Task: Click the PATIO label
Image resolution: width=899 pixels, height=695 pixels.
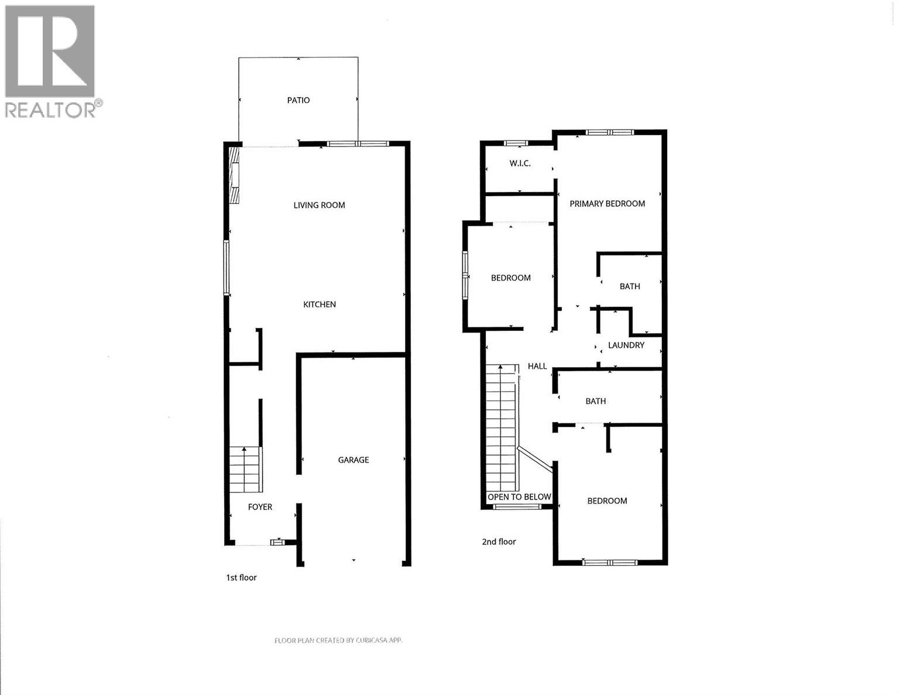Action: (298, 100)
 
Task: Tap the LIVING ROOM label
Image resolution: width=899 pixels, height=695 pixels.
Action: (319, 205)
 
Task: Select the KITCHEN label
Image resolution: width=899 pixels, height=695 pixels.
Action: (320, 304)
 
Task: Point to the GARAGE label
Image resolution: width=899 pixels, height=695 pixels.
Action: (354, 460)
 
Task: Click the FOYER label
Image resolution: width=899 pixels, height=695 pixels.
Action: (260, 507)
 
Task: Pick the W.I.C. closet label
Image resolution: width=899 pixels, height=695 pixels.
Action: (520, 163)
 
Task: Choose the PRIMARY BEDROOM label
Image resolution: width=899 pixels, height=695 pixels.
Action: (607, 204)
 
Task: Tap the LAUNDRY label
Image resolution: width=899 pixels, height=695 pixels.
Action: (626, 345)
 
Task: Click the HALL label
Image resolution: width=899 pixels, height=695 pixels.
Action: (537, 367)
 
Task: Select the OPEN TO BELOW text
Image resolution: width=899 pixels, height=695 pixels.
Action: (520, 497)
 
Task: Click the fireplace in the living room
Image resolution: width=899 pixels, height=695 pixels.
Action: (235, 174)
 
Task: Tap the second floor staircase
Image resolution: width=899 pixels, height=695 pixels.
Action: (502, 427)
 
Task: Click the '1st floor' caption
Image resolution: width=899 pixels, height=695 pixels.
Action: (241, 578)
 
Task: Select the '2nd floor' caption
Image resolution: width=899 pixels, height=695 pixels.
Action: (499, 542)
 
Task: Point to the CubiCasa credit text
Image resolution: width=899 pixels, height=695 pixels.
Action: (338, 641)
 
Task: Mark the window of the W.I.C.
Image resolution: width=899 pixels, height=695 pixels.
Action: (516, 143)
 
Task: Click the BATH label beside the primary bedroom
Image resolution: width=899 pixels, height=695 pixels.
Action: (630, 286)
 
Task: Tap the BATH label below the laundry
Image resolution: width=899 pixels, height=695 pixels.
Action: (596, 401)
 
